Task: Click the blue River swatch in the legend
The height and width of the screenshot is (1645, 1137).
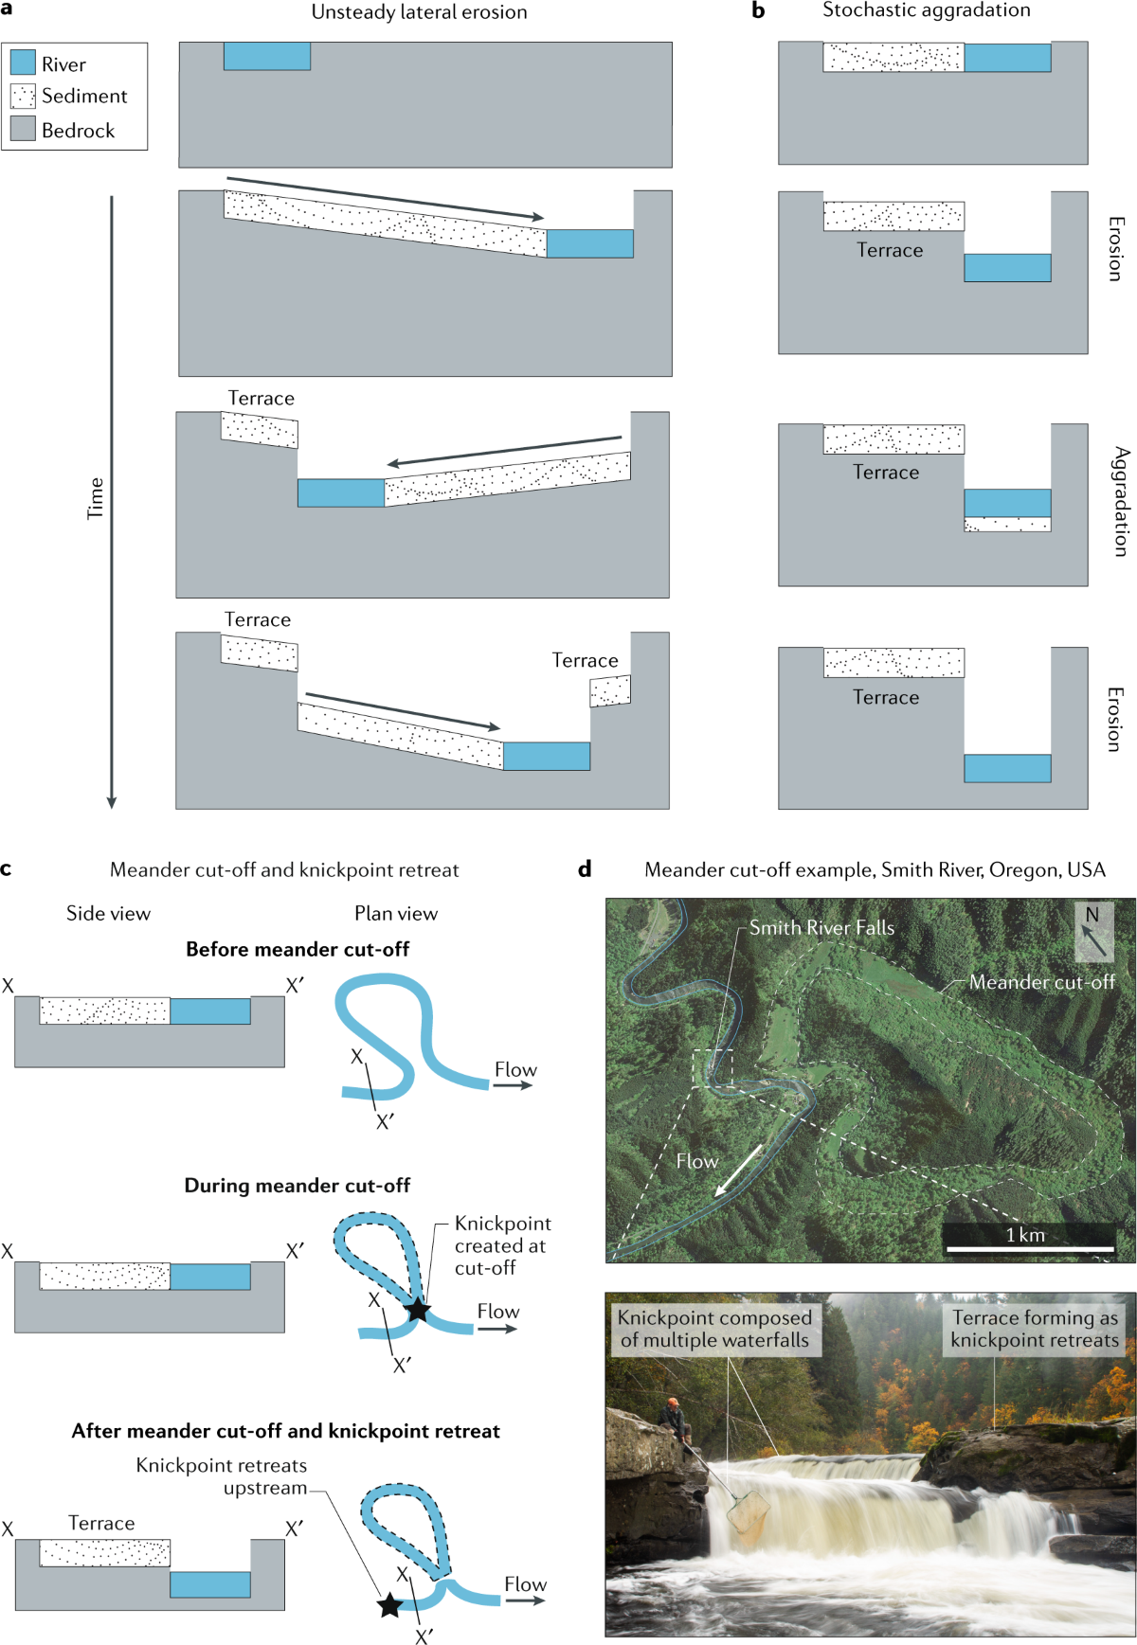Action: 23,63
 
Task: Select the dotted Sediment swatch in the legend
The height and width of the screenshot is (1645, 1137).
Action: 23,96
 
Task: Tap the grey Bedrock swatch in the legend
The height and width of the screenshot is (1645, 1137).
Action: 23,129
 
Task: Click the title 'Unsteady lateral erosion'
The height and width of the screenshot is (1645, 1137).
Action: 419,12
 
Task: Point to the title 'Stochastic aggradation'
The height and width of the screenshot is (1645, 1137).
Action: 926,10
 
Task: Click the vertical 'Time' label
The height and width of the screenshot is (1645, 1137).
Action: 96,498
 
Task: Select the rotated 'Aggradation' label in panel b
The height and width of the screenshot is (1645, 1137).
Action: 1120,501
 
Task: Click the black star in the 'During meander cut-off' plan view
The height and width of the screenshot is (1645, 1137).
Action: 417,1310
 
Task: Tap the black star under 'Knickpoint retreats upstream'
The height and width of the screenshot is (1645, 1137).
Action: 389,1604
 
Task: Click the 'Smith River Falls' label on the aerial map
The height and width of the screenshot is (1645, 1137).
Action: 821,928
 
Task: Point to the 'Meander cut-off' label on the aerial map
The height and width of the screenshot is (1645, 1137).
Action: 1041,982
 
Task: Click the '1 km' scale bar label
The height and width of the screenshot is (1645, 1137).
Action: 1025,1235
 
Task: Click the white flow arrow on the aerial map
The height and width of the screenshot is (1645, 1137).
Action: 739,1169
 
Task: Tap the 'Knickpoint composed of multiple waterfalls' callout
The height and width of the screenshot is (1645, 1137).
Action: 714,1329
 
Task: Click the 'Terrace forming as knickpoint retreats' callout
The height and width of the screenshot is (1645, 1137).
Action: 1035,1329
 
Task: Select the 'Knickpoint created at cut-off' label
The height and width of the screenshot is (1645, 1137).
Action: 501,1245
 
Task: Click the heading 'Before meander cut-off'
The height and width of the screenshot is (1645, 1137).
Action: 298,949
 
